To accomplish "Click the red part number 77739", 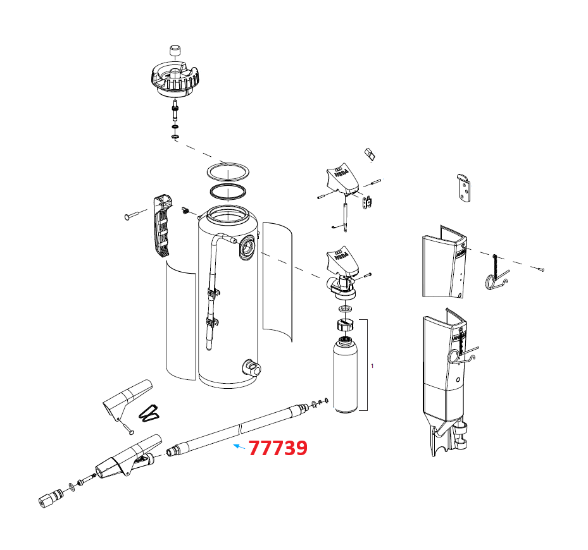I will (278, 448).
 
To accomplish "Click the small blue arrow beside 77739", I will (238, 446).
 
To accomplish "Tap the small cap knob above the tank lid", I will (175, 51).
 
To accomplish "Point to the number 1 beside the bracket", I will (372, 366).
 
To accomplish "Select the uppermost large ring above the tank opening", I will (227, 171).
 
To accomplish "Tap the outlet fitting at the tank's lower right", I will (251, 367).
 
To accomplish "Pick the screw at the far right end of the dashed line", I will (540, 270).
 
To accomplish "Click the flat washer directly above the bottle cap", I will (346, 309).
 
